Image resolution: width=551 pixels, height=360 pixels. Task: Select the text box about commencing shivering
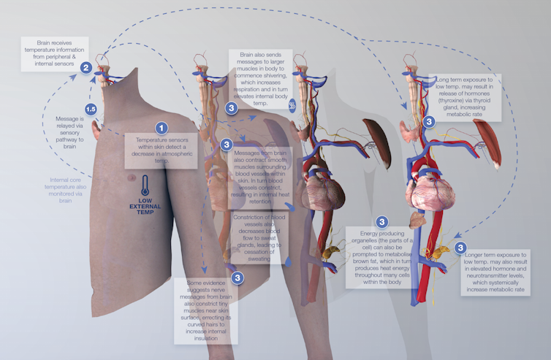tap(259, 80)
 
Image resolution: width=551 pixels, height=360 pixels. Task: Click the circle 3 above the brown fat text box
tap(381, 222)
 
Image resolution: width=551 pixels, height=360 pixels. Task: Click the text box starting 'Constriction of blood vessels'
tap(259, 238)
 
